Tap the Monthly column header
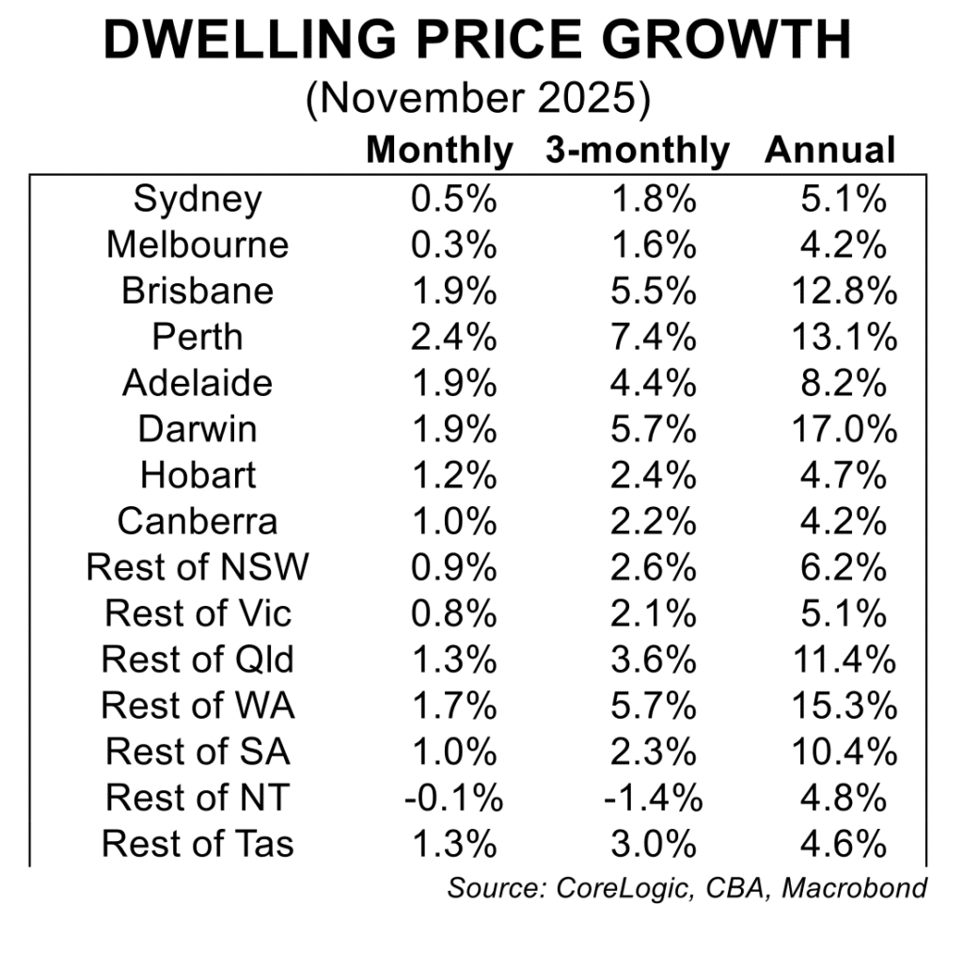tap(439, 151)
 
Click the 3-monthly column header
tap(637, 151)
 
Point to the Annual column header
tap(829, 151)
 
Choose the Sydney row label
tap(197, 199)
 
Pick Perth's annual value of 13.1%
tap(844, 338)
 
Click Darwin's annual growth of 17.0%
tap(844, 430)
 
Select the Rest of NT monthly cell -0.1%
tap(454, 799)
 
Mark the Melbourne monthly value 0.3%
tap(455, 246)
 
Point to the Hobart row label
tap(197, 476)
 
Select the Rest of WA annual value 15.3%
tap(844, 707)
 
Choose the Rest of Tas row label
tap(197, 845)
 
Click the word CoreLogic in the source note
tap(637, 888)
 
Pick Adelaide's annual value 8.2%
tap(844, 384)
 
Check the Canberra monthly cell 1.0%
tap(455, 522)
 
